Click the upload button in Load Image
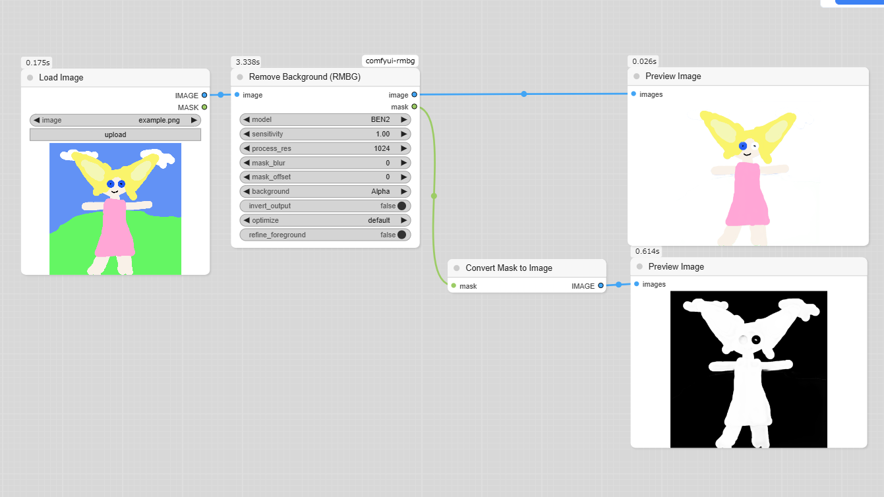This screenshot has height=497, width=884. (x=115, y=134)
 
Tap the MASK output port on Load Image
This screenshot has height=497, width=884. (x=204, y=107)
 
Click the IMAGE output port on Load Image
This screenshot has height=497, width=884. (x=204, y=95)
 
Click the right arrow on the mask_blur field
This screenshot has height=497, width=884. (x=403, y=163)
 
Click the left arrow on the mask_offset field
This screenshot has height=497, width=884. (x=247, y=177)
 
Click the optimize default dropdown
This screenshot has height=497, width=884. (x=325, y=220)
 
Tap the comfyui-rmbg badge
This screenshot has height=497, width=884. (x=390, y=61)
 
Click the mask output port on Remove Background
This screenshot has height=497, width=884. (x=415, y=107)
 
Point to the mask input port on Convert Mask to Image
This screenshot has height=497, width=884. (x=454, y=286)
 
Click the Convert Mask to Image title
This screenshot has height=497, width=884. (x=509, y=268)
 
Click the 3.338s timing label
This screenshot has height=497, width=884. (x=248, y=62)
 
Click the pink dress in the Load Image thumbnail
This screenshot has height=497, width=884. (x=115, y=228)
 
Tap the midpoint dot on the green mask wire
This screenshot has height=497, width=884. (x=434, y=196)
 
